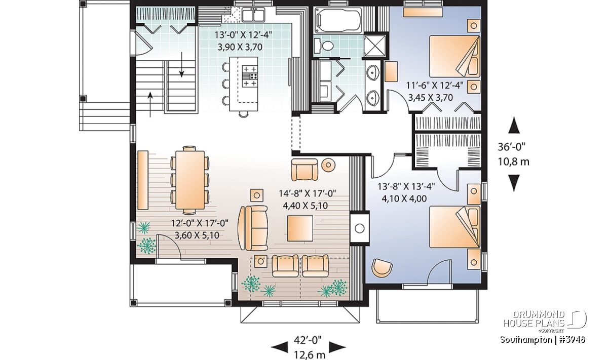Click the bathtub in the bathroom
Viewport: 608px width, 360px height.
pos(338,20)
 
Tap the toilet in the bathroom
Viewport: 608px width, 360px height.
pos(324,46)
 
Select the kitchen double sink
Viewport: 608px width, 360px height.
pos(253,15)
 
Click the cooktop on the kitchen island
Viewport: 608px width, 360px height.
pos(249,76)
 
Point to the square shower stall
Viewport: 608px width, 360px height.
pos(375,46)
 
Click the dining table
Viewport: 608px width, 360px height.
pos(190,180)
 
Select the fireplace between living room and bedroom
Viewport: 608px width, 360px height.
pos(359,228)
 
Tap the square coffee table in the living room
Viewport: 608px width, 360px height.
pos(300,228)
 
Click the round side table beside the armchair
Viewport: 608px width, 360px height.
pos(328,165)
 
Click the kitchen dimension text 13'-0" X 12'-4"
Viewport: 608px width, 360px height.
pos(244,35)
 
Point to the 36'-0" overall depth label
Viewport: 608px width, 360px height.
pos(512,147)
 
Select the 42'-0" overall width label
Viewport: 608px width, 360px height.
pos(308,340)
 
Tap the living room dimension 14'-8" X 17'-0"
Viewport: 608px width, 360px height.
pos(308,193)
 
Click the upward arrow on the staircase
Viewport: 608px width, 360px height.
pos(150,104)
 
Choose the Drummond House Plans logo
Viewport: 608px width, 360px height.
pos(544,322)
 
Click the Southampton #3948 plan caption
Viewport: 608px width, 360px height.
pos(543,340)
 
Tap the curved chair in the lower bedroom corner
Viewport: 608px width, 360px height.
pos(382,268)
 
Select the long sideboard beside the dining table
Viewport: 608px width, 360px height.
pos(143,180)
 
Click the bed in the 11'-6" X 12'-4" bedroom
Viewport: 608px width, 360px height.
pos(454,56)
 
